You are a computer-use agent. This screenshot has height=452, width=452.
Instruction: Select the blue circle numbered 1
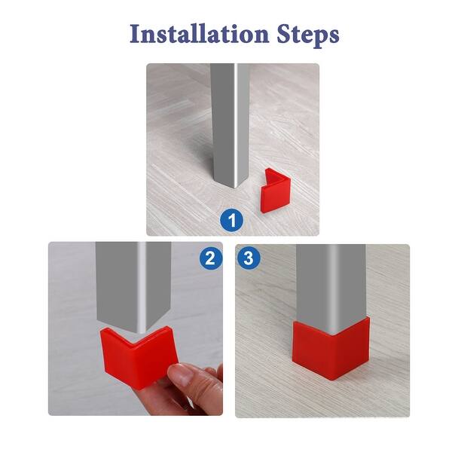[232, 220]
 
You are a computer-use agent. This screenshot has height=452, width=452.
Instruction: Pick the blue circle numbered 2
[211, 258]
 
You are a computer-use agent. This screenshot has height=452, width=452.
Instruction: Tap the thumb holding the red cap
[181, 374]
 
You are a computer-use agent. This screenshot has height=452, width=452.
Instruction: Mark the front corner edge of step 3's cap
[332, 354]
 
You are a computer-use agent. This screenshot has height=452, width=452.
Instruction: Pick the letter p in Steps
[315, 38]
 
